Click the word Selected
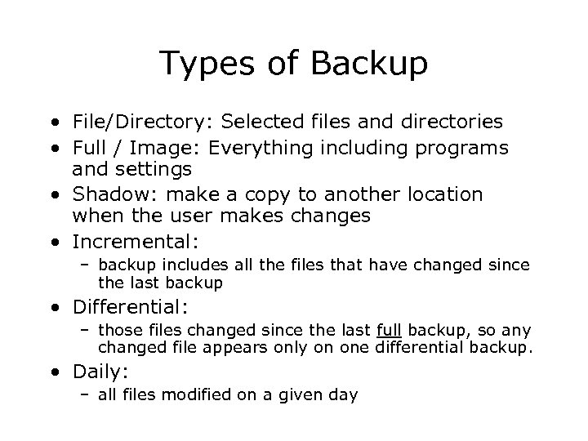point(259,122)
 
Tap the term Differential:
point(131,308)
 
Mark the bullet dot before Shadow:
point(54,196)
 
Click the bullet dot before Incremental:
point(54,243)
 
